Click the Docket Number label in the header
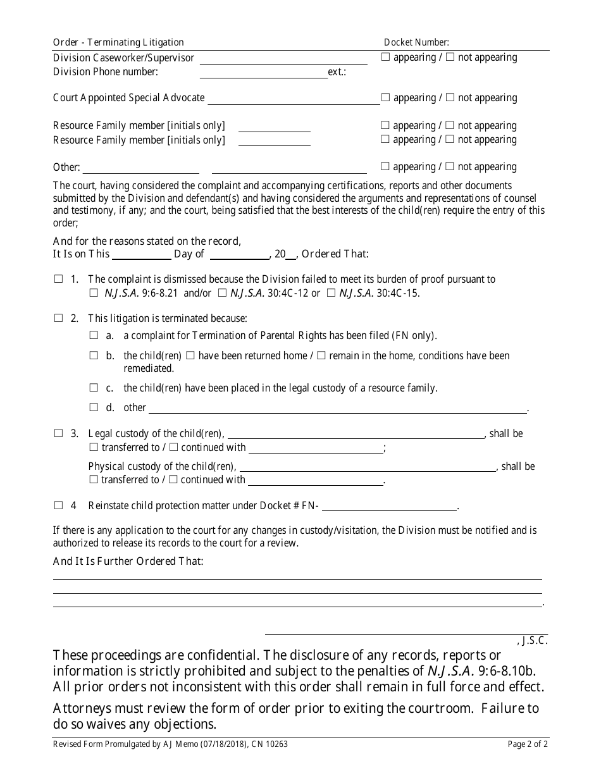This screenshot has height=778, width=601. pos(416,42)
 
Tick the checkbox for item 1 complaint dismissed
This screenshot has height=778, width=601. pos(58,279)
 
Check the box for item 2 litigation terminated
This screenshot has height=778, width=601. pos(58,318)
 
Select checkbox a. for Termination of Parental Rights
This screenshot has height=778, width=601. pos(94,336)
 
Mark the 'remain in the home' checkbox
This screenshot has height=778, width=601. pos(321,355)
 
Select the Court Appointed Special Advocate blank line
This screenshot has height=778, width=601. pos(294,99)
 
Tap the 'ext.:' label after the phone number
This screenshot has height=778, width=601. pos(337,72)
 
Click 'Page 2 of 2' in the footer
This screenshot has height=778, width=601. pos(528,744)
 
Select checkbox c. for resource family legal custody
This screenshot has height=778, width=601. pos(94,388)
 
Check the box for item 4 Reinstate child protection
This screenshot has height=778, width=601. pos(58,505)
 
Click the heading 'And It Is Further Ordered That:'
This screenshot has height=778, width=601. pos(128,561)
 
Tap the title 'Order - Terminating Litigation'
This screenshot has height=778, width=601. pos(118,42)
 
